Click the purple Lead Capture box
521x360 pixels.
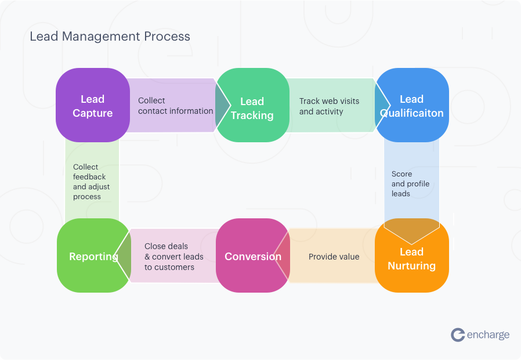point(92,106)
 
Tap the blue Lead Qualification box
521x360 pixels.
point(411,106)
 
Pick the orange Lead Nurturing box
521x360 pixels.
point(411,258)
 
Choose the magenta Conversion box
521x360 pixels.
point(252,256)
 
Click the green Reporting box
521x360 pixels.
point(93,256)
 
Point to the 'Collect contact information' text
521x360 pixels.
point(175,106)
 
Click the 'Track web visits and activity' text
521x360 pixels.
point(329,106)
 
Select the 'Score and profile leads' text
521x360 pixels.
point(410,183)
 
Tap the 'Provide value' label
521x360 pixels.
point(334,257)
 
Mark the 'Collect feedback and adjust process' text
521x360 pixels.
point(91,182)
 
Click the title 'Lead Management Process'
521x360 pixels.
point(110,36)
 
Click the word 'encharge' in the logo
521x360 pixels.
point(488,334)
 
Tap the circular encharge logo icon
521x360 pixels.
point(458,334)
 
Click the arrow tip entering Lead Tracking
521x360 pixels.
point(223,106)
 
